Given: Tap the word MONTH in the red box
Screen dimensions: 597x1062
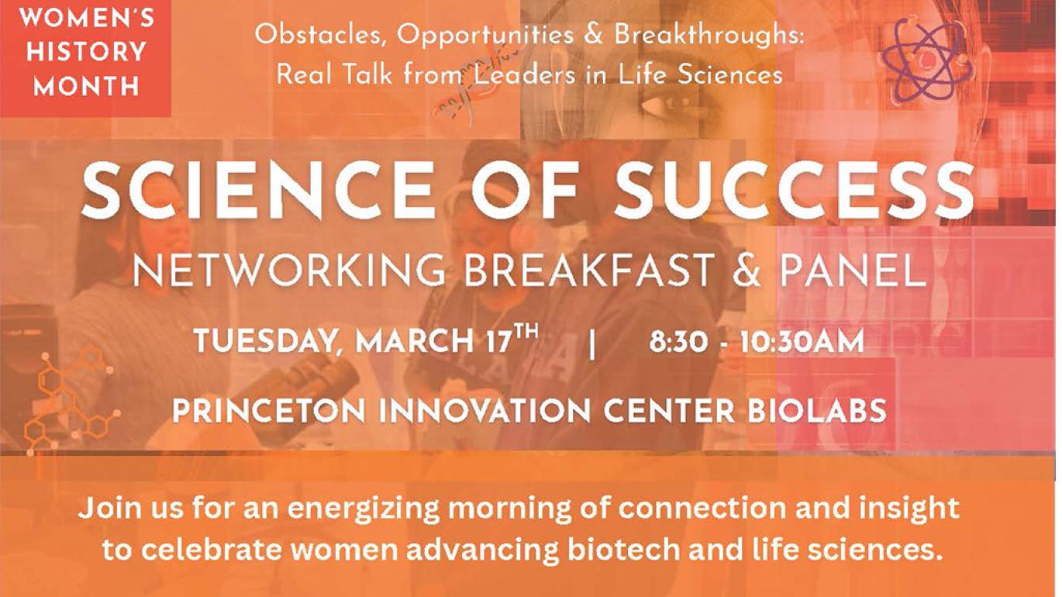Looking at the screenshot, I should (x=86, y=85).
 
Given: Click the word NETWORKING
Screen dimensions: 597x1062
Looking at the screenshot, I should (x=290, y=272).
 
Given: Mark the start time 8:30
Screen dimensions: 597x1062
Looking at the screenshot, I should (x=678, y=342).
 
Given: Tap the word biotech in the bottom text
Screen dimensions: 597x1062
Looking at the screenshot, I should (x=616, y=549).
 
